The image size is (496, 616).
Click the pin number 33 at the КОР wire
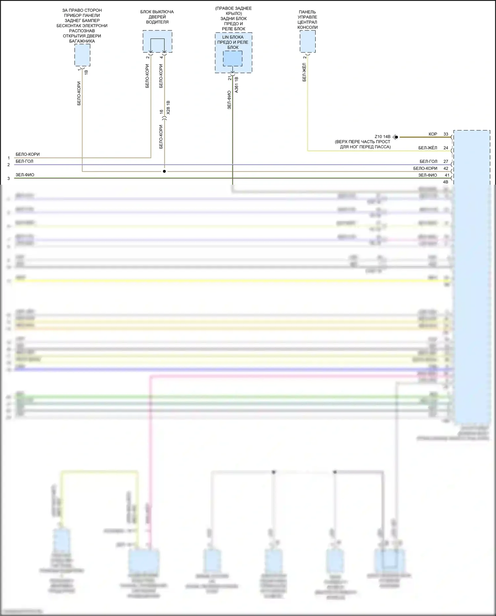[446, 134]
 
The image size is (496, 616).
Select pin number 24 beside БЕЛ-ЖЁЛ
[446, 148]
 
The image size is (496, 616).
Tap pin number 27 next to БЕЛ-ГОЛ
[446, 162]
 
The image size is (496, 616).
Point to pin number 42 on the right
[446, 168]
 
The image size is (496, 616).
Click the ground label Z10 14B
[382, 137]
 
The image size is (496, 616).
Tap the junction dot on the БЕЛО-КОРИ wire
[164, 171]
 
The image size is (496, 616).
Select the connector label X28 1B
[168, 108]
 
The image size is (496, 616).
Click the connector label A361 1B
[236, 85]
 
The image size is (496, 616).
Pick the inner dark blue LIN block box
[232, 59]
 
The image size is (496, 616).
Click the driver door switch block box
[157, 41]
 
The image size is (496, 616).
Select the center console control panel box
[308, 41]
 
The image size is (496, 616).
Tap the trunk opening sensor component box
[82, 55]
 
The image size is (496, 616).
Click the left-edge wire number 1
[9, 158]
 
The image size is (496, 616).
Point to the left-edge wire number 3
[9, 178]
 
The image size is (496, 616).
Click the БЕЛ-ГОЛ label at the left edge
[24, 162]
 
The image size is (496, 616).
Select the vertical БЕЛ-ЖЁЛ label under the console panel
[304, 72]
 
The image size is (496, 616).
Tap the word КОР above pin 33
[433, 134]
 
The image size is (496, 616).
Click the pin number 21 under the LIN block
[229, 78]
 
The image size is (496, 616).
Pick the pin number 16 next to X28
[161, 112]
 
